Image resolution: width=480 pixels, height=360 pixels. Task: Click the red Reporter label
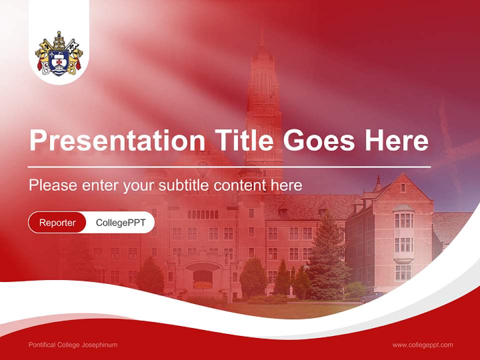57,222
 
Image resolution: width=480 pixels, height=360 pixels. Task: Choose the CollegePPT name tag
120,222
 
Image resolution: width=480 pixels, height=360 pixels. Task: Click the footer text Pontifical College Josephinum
73,345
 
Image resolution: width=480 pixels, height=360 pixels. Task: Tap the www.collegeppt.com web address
422,345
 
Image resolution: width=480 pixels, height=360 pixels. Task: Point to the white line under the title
229,166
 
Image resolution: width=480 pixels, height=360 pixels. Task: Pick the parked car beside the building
372,297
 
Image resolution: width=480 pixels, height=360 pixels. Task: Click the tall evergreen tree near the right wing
327,260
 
